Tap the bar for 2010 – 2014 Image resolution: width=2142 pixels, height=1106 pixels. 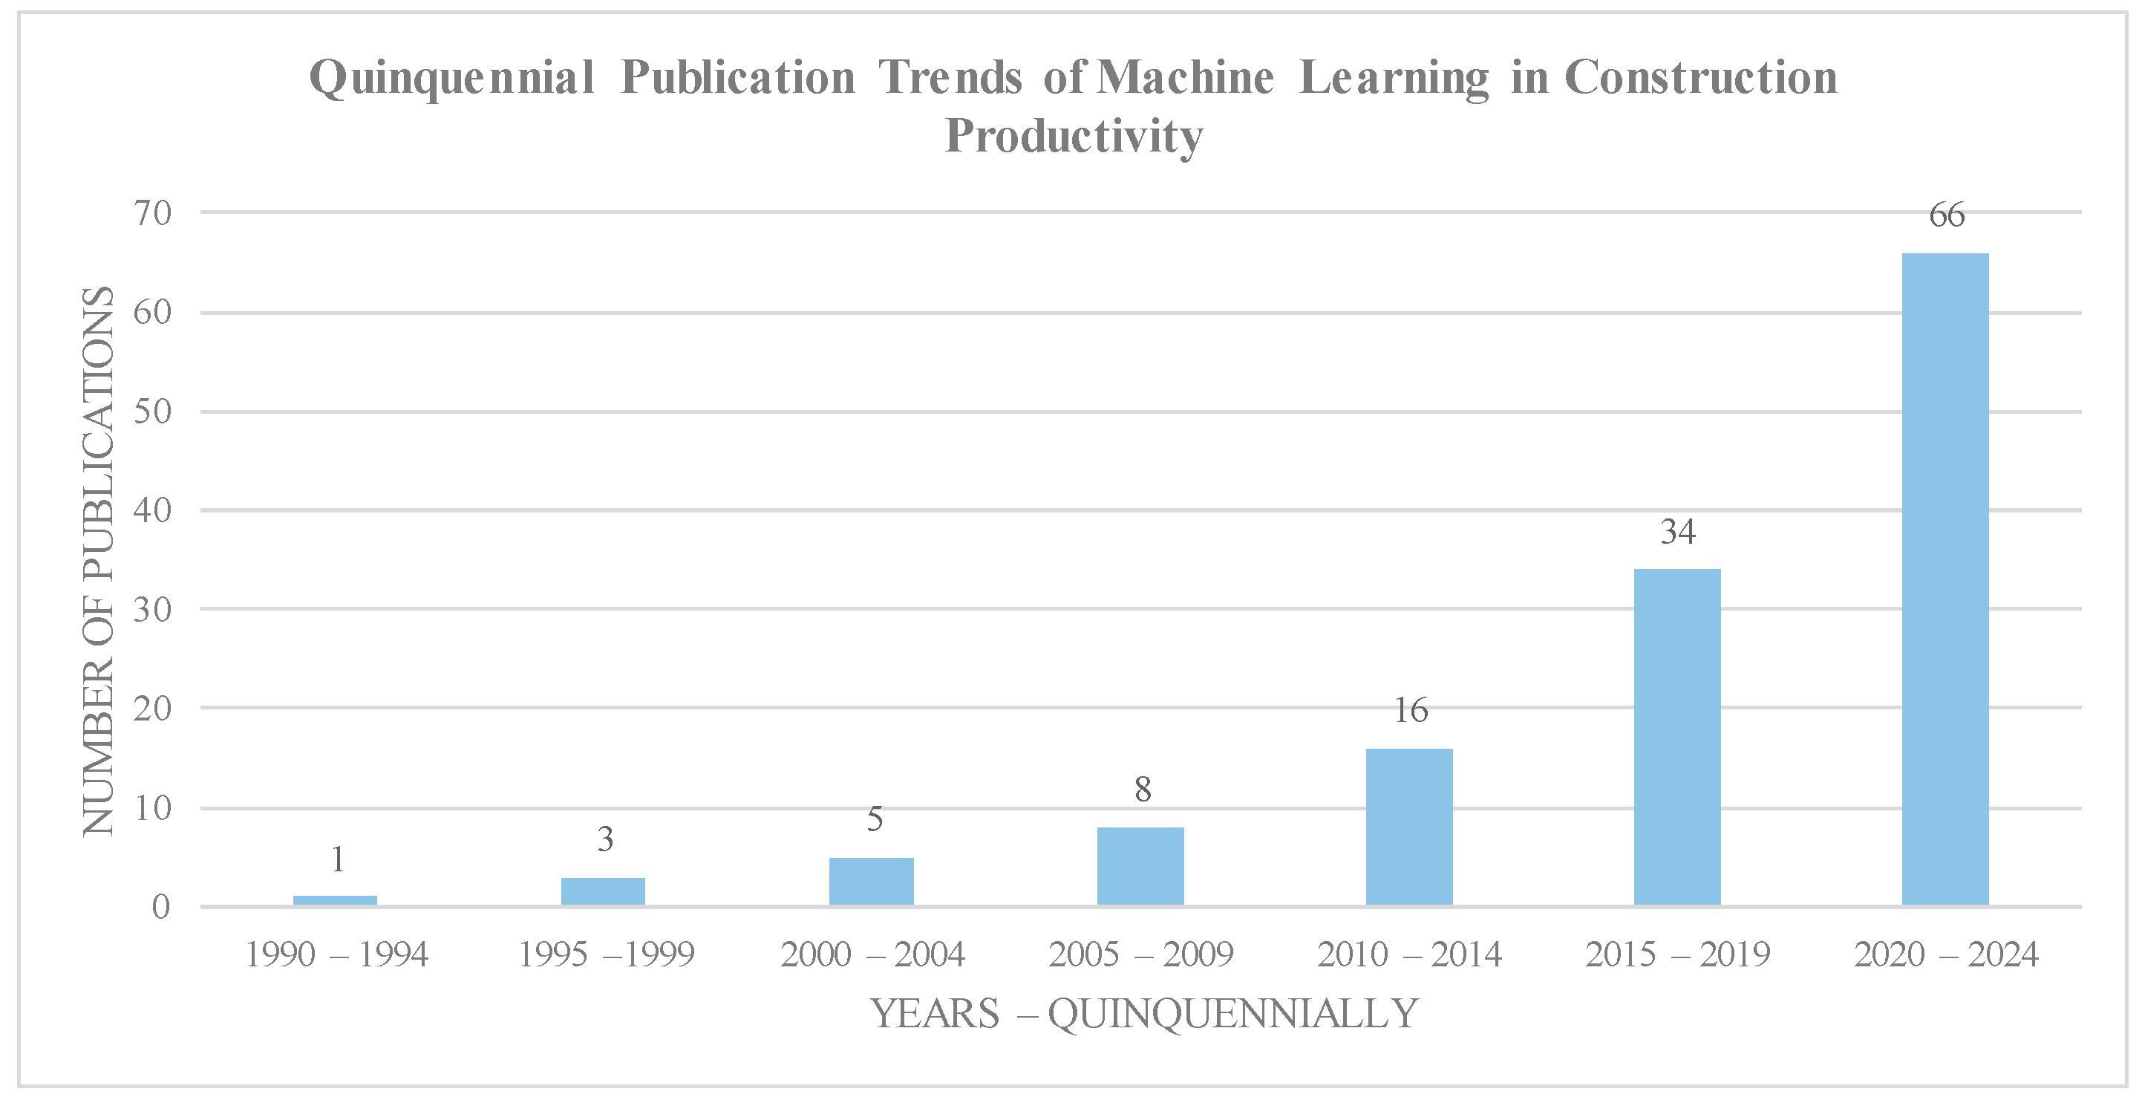pos(1408,827)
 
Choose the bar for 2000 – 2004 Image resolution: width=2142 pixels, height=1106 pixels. pos(872,881)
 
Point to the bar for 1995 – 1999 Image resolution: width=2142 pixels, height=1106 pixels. pos(603,891)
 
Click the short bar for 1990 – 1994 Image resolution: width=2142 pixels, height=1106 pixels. pos(335,900)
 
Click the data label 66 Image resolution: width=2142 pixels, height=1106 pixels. pos(1947,215)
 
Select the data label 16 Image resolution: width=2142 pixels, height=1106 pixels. pos(1410,711)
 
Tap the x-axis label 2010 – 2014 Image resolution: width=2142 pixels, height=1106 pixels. pos(1409,954)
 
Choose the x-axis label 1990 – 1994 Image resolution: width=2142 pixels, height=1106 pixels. pos(337,954)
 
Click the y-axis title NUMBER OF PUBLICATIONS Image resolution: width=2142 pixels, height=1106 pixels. pos(98,561)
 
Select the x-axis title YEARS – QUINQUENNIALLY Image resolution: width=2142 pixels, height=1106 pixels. pos(1144,1014)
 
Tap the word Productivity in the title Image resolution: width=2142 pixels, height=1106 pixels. pos(1074,135)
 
